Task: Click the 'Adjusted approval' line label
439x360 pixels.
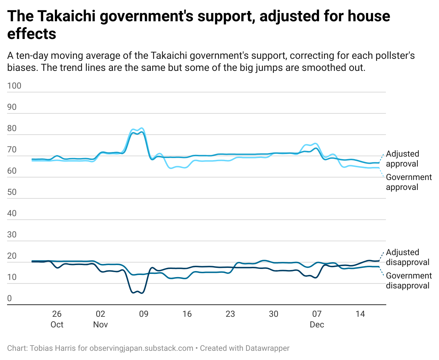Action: coord(402,159)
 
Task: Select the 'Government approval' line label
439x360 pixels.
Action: coord(409,182)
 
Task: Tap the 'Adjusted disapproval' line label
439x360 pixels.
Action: coord(407,257)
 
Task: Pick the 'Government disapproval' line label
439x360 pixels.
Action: coord(409,281)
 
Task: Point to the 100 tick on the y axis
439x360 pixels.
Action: coord(14,86)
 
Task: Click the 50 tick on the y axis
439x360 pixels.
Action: coord(12,192)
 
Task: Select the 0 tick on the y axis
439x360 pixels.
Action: coord(10,298)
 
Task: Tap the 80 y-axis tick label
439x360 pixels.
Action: coord(12,128)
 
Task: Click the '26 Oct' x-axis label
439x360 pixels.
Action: coord(57,319)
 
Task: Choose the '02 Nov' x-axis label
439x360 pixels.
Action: coord(101,319)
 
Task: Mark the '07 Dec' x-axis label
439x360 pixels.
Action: coord(317,319)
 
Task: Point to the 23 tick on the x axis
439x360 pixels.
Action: coord(230,314)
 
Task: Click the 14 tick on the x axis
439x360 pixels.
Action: coord(360,314)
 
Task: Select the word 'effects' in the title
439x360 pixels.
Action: coord(32,34)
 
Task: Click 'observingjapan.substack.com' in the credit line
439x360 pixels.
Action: coord(141,348)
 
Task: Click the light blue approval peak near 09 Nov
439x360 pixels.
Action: coord(142,128)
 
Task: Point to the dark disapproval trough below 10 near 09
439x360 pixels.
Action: coord(142,293)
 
